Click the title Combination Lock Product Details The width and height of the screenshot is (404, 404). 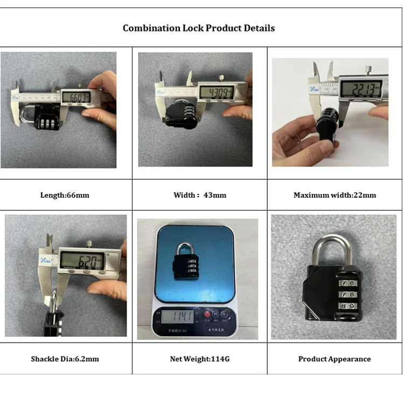click(x=199, y=28)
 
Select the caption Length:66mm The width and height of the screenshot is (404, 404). click(x=65, y=195)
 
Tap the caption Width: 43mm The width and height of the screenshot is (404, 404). click(x=200, y=195)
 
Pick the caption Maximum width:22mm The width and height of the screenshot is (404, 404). click(x=335, y=195)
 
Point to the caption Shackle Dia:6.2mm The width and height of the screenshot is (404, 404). click(x=65, y=359)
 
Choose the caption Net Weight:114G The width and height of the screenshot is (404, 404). click(x=200, y=359)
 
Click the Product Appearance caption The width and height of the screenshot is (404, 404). click(x=335, y=359)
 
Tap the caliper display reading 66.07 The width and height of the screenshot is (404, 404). click(x=76, y=97)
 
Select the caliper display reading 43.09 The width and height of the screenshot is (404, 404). click(x=217, y=92)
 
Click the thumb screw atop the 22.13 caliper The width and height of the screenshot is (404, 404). click(x=366, y=68)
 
